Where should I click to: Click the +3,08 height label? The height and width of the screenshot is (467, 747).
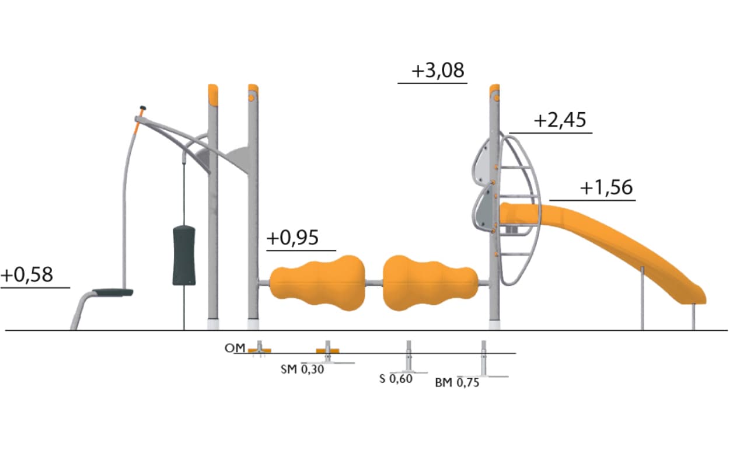click(438, 71)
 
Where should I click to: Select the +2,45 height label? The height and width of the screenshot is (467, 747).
click(560, 120)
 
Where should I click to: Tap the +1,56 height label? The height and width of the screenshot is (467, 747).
click(606, 187)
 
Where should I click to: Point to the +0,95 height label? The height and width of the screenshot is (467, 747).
click(292, 238)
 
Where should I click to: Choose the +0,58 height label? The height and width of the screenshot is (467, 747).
click(27, 275)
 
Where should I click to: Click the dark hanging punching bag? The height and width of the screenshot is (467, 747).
click(184, 256)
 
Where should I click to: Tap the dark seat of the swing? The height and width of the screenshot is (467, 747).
click(113, 292)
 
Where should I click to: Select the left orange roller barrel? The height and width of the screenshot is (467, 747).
click(317, 283)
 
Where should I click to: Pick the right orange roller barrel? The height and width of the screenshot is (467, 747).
click(431, 283)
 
